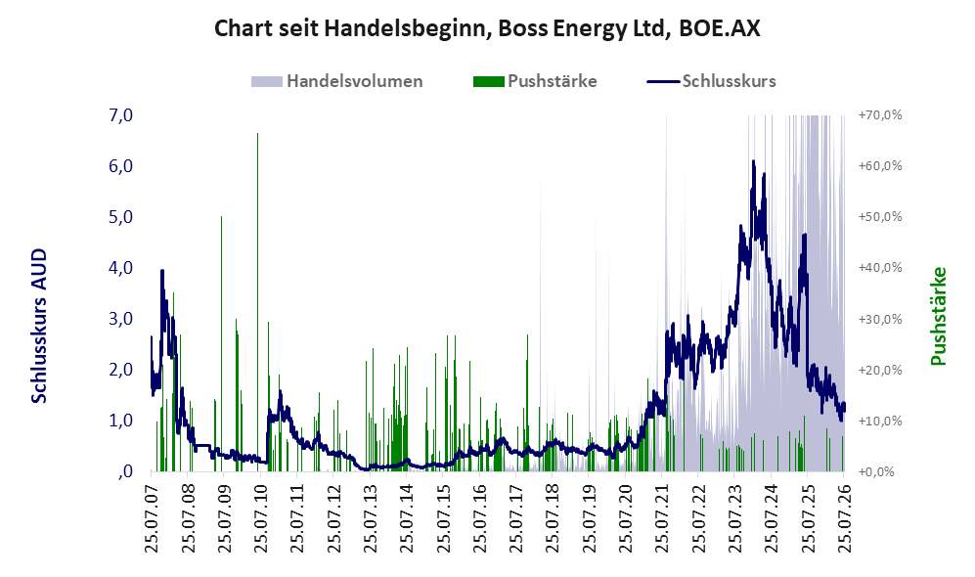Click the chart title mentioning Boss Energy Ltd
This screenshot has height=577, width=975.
coord(487,28)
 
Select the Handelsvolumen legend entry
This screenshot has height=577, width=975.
coord(337,81)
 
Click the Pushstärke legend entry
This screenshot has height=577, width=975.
coord(535,81)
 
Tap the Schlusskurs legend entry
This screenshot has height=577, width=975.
coord(711,81)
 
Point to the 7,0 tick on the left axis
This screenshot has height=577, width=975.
coord(120,115)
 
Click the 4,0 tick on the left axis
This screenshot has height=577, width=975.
coord(120,268)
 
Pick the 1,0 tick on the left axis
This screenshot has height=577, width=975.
coord(120,421)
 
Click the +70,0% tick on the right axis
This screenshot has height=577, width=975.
coord(880,115)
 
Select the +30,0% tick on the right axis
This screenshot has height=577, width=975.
coord(880,319)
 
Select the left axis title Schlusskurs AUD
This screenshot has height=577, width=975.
coord(38,326)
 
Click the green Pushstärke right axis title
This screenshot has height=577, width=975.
coord(938,316)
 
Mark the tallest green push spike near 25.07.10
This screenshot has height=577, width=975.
coord(257,302)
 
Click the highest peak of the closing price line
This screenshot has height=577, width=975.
coord(754,161)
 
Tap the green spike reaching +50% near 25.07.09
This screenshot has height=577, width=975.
coord(221,344)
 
